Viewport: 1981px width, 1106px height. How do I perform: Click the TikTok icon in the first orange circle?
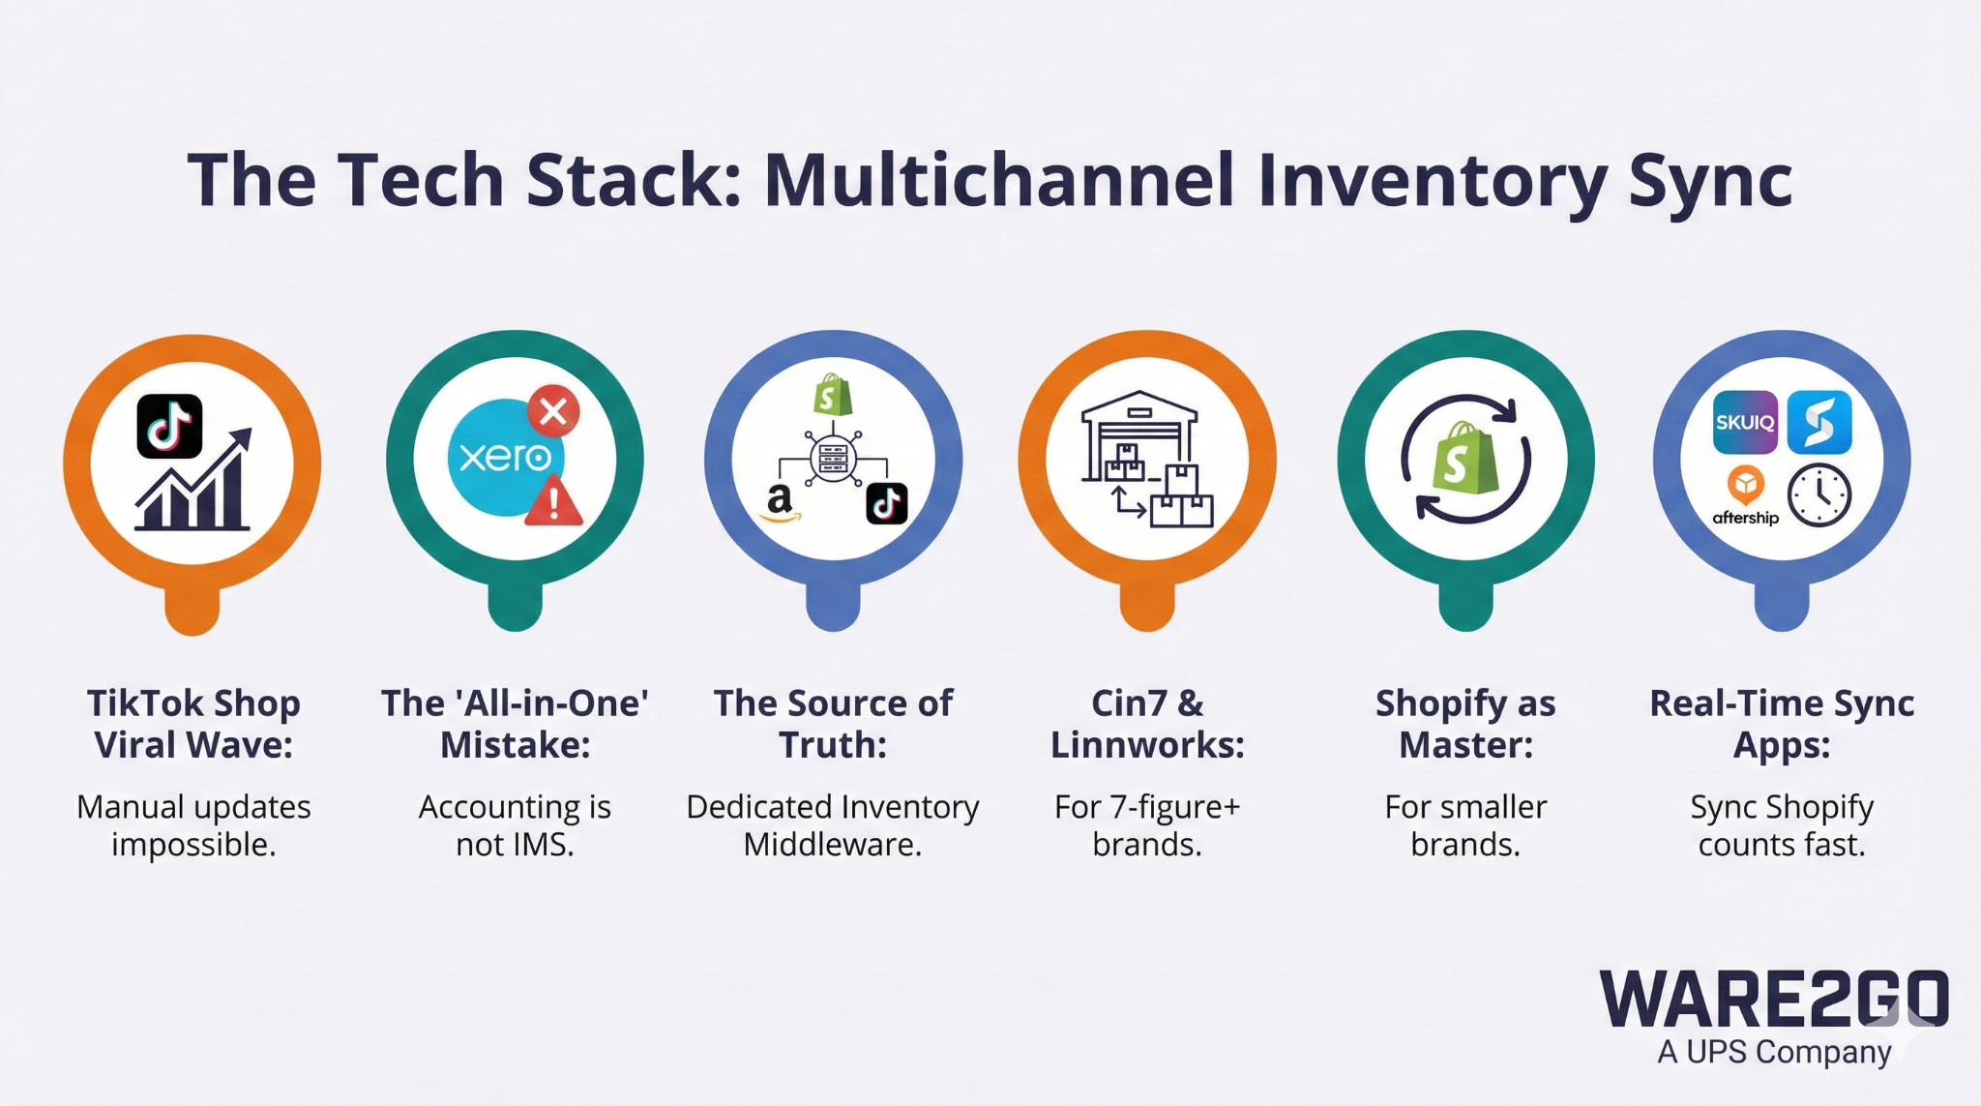[169, 426]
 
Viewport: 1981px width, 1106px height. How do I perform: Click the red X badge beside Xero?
[553, 412]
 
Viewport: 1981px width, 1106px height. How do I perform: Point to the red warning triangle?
[554, 502]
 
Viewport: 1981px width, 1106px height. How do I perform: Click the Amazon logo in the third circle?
[781, 503]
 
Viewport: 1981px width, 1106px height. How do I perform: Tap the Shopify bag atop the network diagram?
[832, 396]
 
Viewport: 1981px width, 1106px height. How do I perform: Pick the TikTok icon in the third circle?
[886, 503]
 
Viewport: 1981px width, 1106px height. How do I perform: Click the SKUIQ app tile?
[1744, 423]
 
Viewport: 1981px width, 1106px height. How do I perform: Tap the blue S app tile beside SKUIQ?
[1819, 423]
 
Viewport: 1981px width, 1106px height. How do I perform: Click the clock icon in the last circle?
[1819, 495]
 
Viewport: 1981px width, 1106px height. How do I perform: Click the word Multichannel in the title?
[999, 181]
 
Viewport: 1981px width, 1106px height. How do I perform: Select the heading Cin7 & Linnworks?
[1147, 724]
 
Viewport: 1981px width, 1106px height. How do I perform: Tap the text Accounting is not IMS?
[515, 825]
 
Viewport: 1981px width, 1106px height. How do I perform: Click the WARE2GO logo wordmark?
[1773, 1001]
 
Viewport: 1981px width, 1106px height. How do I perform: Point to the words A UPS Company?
[1774, 1052]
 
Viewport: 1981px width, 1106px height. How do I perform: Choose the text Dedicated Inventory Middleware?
[832, 825]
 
